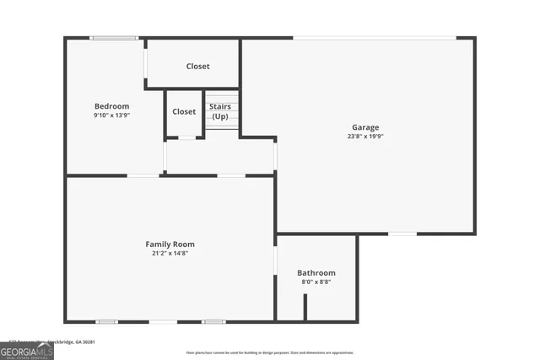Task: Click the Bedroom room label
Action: click(x=111, y=106)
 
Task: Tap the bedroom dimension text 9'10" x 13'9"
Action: click(x=111, y=115)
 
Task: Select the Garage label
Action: click(x=365, y=127)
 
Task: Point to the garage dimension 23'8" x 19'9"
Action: click(x=365, y=136)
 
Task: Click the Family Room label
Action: click(x=170, y=244)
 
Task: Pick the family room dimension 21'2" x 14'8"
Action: click(x=170, y=253)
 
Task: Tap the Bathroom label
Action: click(x=316, y=272)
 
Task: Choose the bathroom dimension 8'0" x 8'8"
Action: click(x=316, y=282)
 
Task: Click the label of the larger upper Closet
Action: click(x=198, y=67)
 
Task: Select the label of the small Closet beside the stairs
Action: click(x=184, y=111)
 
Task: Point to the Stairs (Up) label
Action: click(x=220, y=110)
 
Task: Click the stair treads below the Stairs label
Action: click(x=224, y=123)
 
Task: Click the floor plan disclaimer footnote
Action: click(x=270, y=352)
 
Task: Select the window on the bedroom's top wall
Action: click(x=115, y=38)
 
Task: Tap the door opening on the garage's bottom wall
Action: click(x=402, y=233)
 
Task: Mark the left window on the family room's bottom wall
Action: click(x=106, y=321)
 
